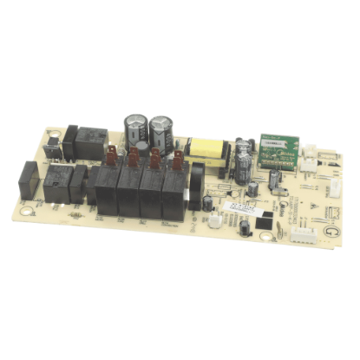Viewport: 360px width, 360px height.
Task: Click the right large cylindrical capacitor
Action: point(162,134)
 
